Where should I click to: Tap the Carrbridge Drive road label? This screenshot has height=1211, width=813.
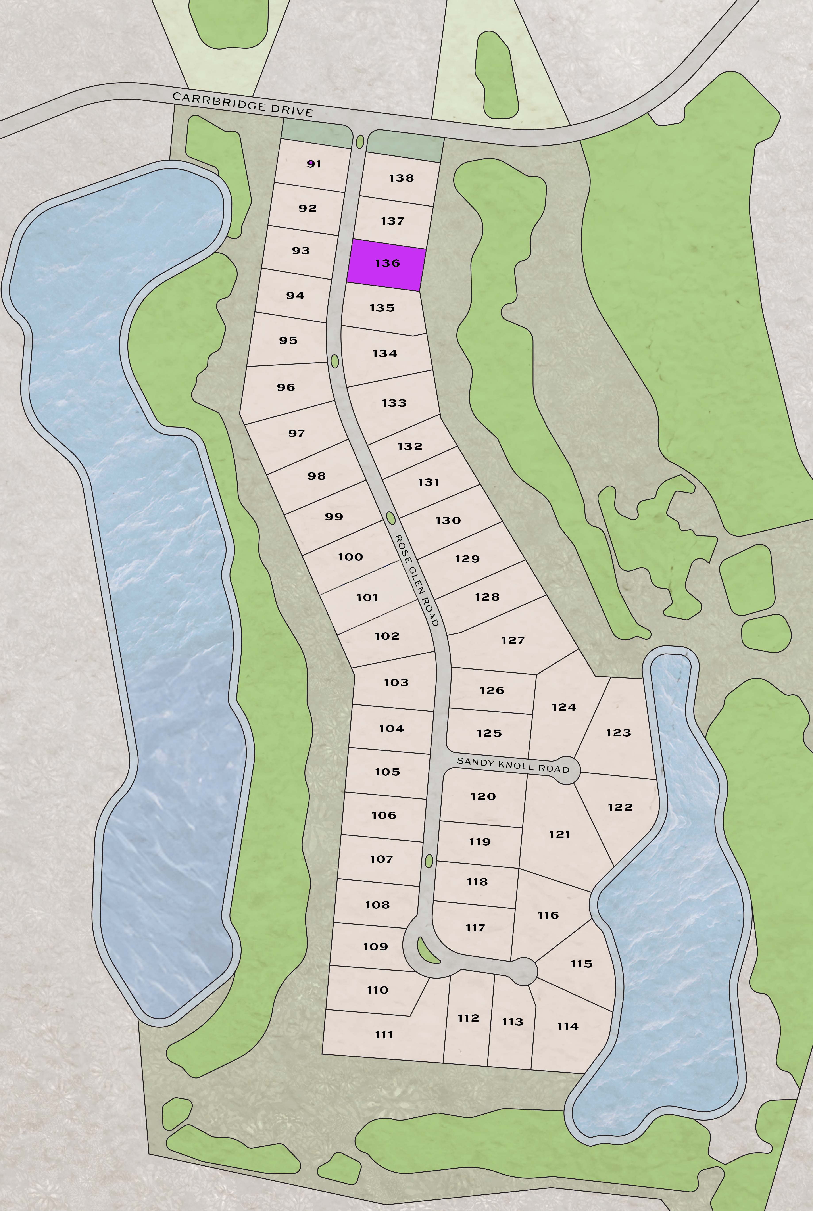[243, 104]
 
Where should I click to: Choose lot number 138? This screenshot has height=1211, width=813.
[401, 178]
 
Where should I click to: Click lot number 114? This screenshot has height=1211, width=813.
[568, 1026]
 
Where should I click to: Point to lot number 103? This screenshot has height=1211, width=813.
[396, 683]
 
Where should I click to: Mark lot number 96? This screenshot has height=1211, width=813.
[286, 387]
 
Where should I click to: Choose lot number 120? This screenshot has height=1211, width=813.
[483, 796]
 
